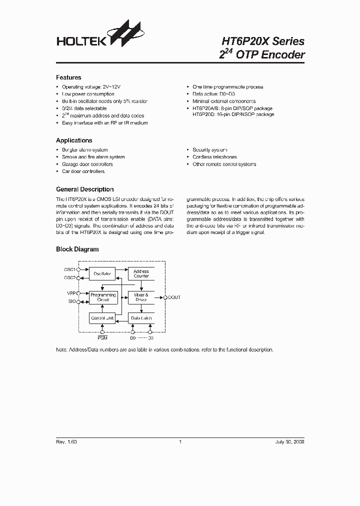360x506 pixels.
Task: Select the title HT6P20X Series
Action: coord(262,41)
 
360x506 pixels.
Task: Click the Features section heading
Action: coord(68,77)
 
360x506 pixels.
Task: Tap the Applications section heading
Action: coord(74,140)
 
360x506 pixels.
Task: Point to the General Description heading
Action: coord(84,189)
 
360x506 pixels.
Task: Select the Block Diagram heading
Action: coord(77,249)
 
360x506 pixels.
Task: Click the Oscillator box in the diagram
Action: coord(102,273)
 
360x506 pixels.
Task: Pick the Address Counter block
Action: coord(141,273)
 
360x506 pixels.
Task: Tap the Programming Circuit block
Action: coord(102,297)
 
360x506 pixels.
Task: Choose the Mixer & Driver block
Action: coord(141,297)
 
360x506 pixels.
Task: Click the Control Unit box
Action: coord(102,318)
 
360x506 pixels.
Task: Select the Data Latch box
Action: coord(141,318)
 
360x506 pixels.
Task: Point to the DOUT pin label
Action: coord(174,297)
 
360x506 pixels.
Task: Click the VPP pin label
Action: coord(70,293)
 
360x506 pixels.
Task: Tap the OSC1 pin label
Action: coord(69,269)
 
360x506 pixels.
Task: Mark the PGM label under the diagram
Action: coord(102,338)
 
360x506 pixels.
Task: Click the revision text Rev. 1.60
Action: coord(66,442)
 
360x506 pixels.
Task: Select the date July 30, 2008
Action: coord(289,442)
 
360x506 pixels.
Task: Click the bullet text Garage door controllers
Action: coord(87,164)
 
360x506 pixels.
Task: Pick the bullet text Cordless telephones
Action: coord(214,157)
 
